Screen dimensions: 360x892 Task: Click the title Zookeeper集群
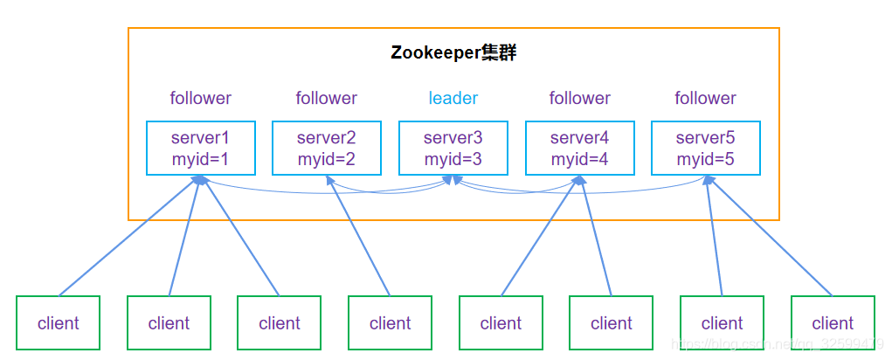click(x=453, y=53)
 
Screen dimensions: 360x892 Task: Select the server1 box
click(x=200, y=148)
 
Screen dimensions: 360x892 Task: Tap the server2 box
click(x=326, y=148)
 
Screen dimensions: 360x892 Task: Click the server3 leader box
click(x=453, y=148)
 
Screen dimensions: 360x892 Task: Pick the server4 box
click(x=579, y=148)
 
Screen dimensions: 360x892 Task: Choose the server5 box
click(x=705, y=148)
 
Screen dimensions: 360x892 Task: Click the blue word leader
click(x=453, y=98)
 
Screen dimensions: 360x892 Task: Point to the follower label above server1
click(x=200, y=98)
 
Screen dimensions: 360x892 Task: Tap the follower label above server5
click(x=705, y=98)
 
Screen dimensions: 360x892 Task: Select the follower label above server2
click(x=326, y=98)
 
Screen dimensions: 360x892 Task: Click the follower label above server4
click(x=579, y=98)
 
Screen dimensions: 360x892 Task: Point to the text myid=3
click(x=453, y=159)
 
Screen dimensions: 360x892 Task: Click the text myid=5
click(x=705, y=159)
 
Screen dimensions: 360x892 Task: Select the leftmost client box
click(x=58, y=323)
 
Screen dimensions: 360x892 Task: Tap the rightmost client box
click(x=832, y=323)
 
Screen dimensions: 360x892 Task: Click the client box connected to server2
click(x=390, y=323)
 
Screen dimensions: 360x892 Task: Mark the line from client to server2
click(x=358, y=236)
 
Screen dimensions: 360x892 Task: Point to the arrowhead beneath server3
click(x=451, y=180)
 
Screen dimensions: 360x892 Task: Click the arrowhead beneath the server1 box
click(x=200, y=180)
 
